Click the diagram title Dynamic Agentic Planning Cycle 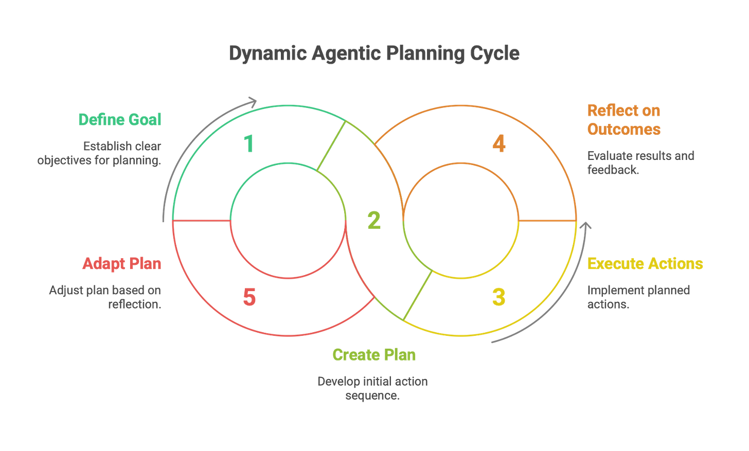[x=374, y=53]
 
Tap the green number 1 [x=249, y=143]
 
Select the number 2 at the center [x=374, y=220]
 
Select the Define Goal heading [x=119, y=120]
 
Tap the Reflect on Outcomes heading [x=623, y=119]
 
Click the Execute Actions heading [x=645, y=263]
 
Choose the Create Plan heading [x=374, y=355]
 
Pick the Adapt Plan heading [x=122, y=263]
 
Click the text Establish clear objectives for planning [x=100, y=153]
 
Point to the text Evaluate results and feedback [x=640, y=163]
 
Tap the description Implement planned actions [x=638, y=297]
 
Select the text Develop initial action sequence [x=373, y=388]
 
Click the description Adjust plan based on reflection [x=105, y=297]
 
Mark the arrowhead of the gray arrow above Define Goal [x=253, y=100]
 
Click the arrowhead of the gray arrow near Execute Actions [x=585, y=226]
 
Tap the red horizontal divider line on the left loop [x=201, y=221]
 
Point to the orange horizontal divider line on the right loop [x=547, y=221]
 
